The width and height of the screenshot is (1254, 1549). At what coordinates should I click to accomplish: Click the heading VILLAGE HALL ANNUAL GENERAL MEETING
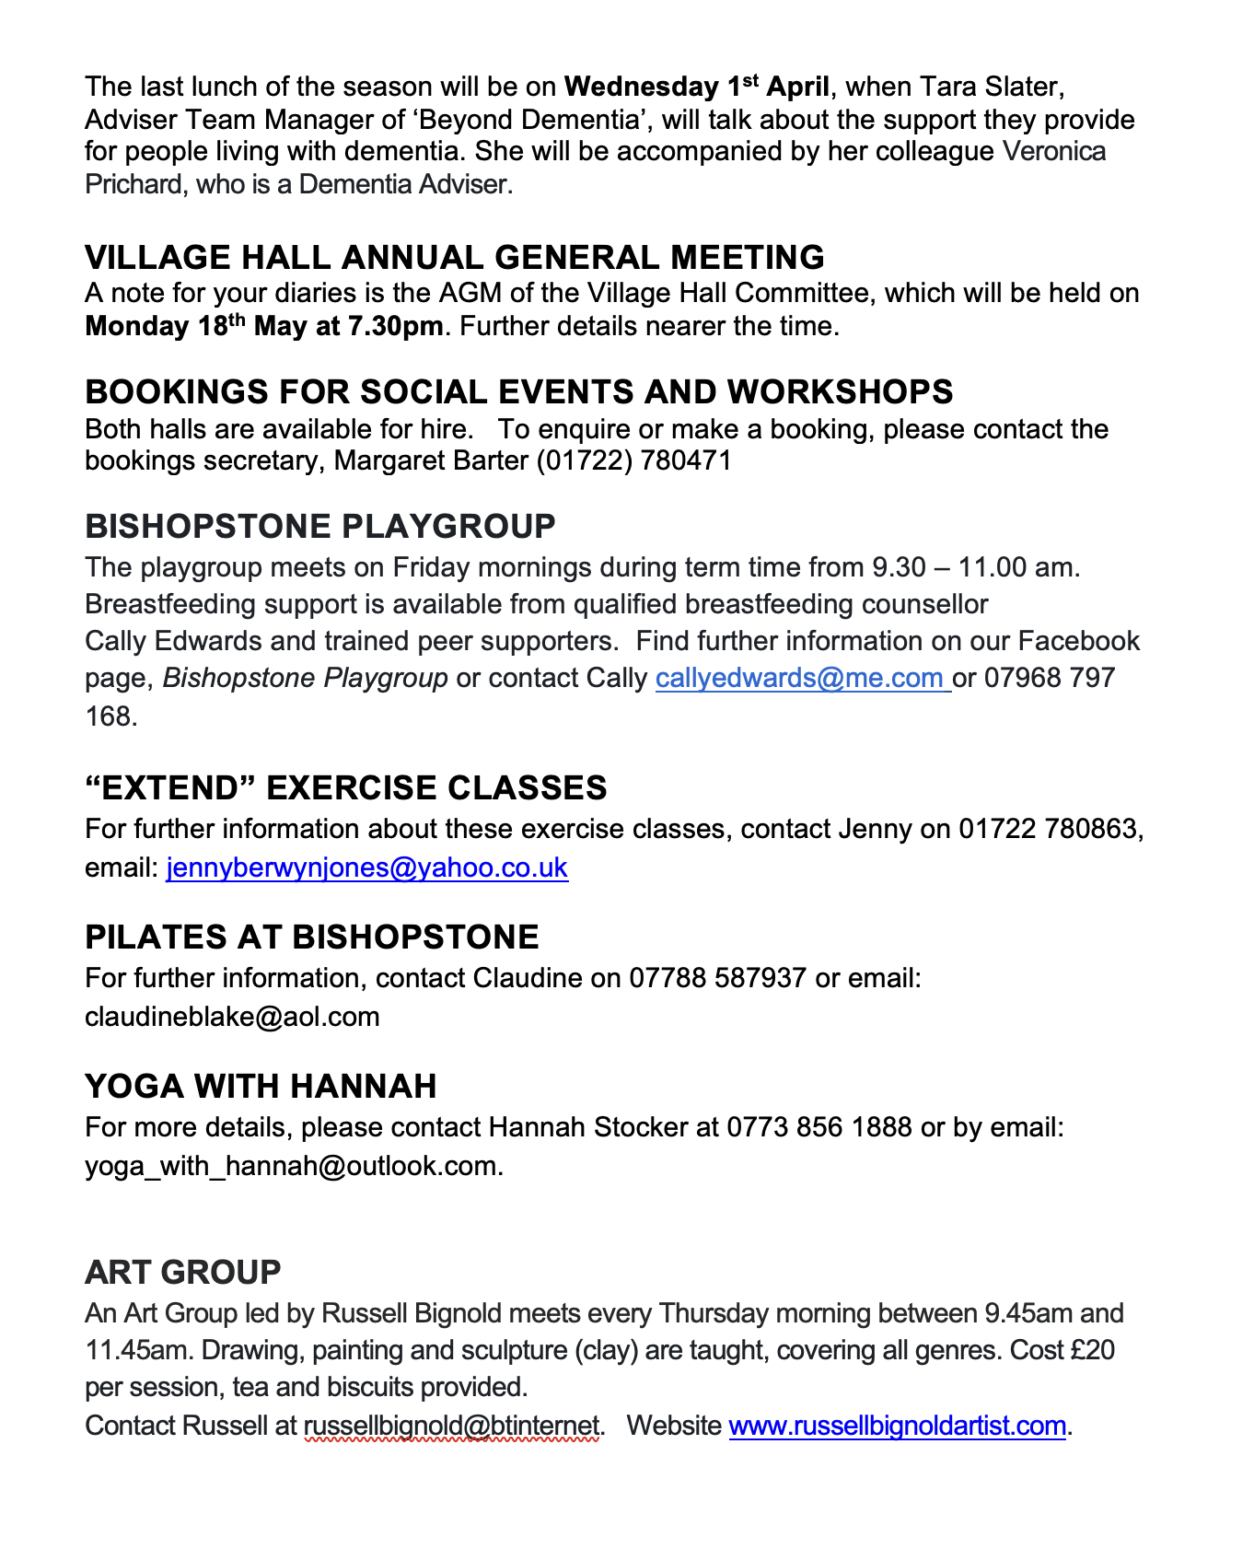(454, 257)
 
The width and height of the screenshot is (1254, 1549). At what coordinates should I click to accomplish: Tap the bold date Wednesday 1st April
(696, 87)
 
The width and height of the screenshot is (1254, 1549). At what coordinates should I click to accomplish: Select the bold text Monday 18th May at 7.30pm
(263, 327)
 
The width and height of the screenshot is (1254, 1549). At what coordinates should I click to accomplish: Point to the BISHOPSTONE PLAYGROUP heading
(320, 527)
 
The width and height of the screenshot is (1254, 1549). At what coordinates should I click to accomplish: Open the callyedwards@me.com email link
(802, 679)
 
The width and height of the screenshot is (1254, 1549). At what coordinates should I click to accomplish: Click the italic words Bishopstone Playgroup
(305, 679)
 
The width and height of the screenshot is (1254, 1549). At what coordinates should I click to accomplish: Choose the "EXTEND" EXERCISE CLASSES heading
(345, 788)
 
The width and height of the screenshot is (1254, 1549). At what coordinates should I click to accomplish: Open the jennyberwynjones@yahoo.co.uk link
(366, 868)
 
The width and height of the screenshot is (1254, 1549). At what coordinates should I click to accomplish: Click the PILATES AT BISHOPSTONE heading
(312, 938)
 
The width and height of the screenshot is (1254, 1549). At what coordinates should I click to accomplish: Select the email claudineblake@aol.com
(232, 1018)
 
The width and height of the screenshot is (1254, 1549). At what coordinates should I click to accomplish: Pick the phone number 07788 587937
(717, 978)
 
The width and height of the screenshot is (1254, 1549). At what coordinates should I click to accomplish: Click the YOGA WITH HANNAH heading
(261, 1087)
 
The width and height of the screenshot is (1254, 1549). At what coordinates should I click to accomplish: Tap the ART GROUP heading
(182, 1273)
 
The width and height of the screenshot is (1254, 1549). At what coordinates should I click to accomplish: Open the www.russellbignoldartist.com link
(897, 1427)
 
